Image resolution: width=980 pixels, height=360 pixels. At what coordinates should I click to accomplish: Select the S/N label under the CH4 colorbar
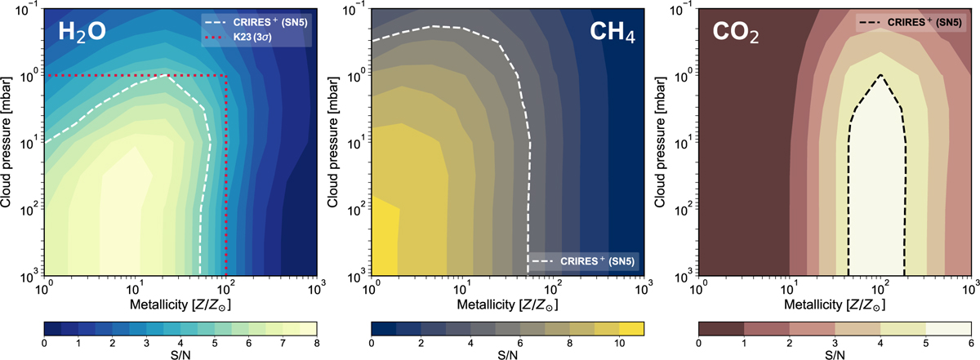(507, 354)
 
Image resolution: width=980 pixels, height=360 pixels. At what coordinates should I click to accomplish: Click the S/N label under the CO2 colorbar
(834, 354)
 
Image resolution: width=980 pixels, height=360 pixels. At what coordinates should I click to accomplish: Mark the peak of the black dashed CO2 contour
(880, 75)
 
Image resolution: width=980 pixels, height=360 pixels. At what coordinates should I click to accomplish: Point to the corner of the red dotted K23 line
(226, 75)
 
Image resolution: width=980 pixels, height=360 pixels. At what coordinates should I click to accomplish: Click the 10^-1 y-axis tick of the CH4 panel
(358, 8)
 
